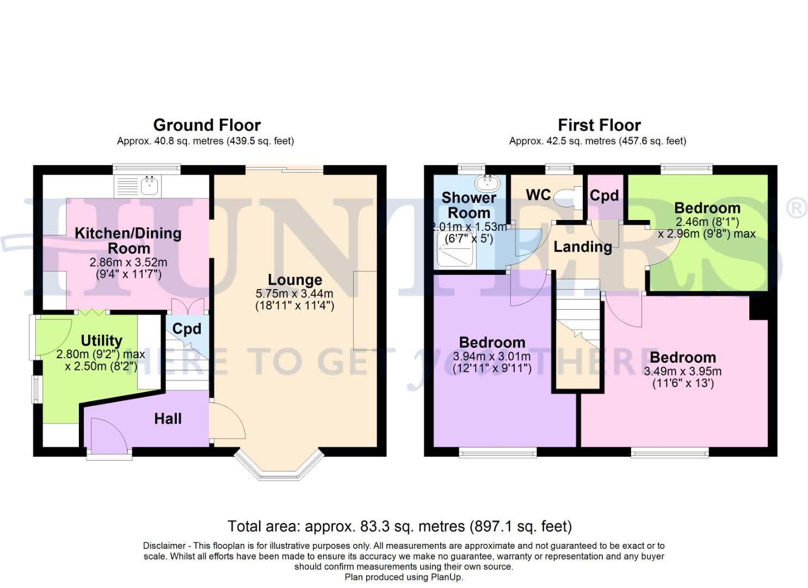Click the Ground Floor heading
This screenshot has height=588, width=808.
207,125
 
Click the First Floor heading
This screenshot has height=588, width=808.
599,125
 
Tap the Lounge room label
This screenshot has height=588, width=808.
295,280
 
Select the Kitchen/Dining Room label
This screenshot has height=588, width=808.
128,240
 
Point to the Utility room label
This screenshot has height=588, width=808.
101,340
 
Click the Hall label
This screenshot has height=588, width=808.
168,419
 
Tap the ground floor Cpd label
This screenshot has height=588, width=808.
187,329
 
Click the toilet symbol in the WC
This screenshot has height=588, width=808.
566,196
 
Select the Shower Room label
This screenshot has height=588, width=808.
468,205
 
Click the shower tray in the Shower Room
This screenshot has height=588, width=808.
455,250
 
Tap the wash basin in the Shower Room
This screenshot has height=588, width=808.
487,181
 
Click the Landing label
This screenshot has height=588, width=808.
582,247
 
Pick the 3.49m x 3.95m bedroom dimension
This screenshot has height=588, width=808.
682,372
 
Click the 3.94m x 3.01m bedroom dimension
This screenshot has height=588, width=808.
492,357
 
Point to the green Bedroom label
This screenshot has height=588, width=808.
707,208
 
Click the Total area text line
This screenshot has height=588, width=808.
399,526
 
